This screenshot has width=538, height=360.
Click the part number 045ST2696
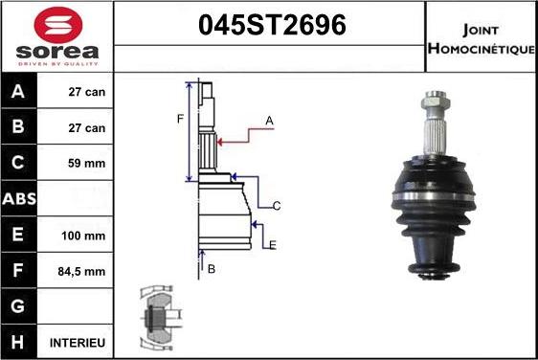pyautogui.click(x=271, y=27)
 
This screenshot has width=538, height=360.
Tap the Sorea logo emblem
pyautogui.click(x=56, y=24)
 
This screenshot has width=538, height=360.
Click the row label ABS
pyautogui.click(x=20, y=199)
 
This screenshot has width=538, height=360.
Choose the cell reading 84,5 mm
pyautogui.click(x=82, y=271)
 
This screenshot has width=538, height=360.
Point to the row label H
pyautogui.click(x=19, y=342)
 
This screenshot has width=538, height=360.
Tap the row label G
pyautogui.click(x=19, y=306)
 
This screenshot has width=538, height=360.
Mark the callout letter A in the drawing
pyautogui.click(x=270, y=120)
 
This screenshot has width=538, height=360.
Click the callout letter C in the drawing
pyautogui.click(x=276, y=206)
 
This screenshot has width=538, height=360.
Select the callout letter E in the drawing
pyautogui.click(x=273, y=245)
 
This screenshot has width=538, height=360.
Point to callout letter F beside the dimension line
pyautogui.click(x=179, y=119)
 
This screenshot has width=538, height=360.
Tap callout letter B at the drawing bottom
pyautogui.click(x=212, y=269)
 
